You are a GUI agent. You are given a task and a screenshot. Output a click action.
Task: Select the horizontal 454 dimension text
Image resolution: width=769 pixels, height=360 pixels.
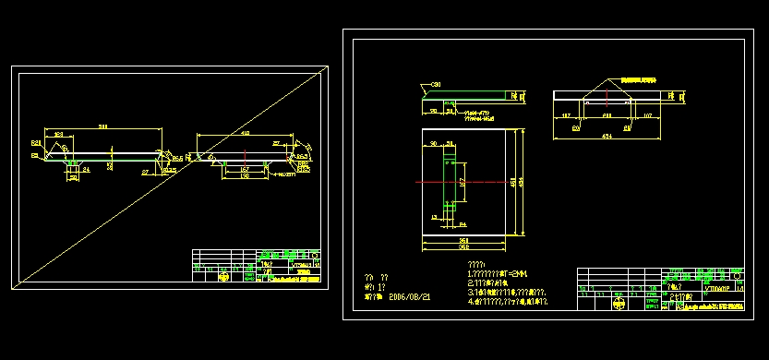(x=607, y=135)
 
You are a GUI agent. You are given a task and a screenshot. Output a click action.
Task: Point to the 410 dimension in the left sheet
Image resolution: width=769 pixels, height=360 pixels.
(x=245, y=134)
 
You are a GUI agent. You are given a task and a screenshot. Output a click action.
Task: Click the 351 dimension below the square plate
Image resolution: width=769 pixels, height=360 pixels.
(x=463, y=240)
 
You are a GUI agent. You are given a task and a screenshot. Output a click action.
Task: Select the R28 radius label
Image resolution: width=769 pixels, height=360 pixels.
(x=36, y=143)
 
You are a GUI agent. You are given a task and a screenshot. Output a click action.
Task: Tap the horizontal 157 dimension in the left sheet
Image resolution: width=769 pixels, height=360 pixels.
(x=245, y=170)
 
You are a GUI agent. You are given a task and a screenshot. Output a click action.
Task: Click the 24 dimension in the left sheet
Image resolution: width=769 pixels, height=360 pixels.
(x=86, y=171)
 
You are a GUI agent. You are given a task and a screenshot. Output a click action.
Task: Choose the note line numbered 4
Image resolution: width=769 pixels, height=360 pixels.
(x=508, y=302)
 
